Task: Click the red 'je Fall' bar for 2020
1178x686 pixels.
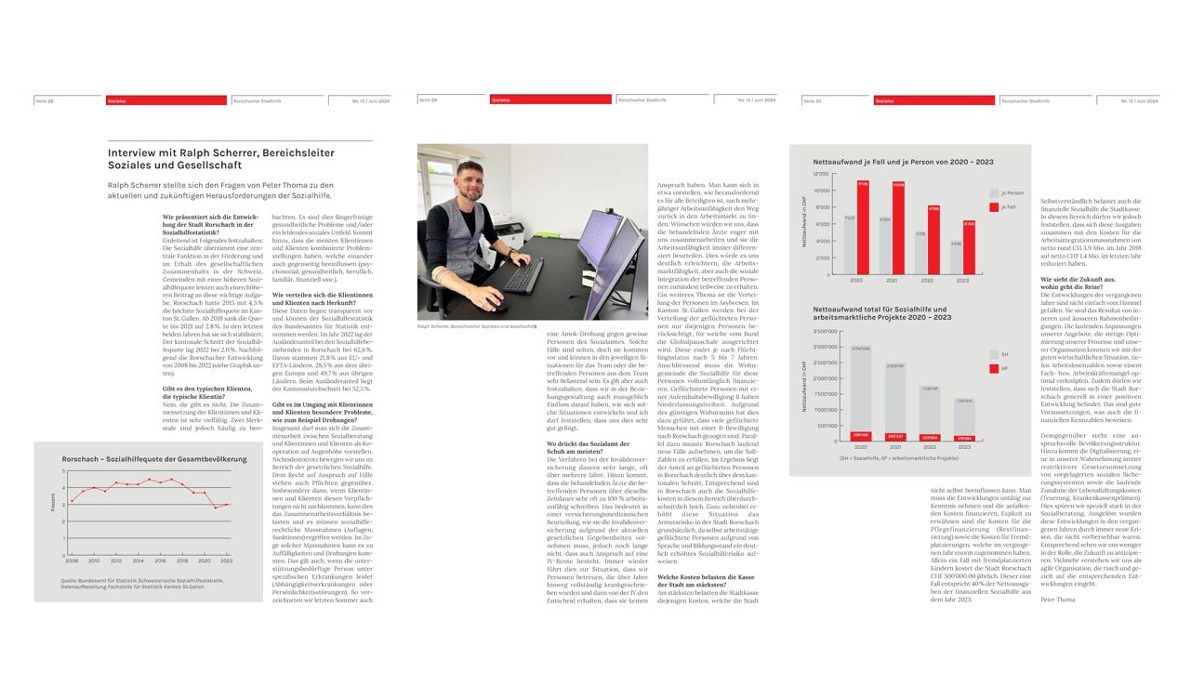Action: point(863,227)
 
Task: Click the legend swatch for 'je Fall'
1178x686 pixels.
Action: point(993,206)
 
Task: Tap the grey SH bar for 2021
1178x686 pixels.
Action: point(894,401)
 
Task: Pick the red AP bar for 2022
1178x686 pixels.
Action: point(929,437)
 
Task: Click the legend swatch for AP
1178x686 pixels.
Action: point(993,369)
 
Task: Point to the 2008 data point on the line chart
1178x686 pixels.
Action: point(72,502)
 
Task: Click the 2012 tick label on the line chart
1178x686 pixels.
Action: point(116,561)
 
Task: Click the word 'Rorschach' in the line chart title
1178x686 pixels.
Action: point(82,459)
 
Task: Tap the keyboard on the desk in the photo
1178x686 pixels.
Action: point(523,276)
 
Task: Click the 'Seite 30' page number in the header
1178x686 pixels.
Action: point(812,100)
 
